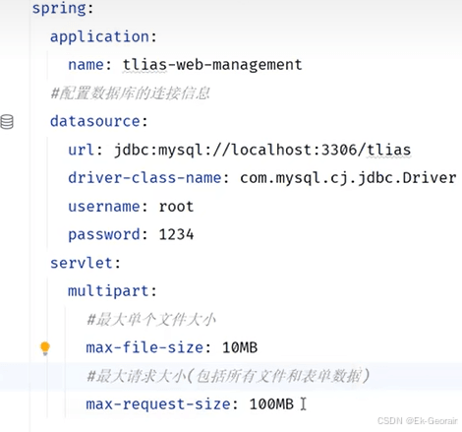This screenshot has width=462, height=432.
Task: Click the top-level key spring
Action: click(x=59, y=8)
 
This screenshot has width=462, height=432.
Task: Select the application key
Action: click(x=100, y=36)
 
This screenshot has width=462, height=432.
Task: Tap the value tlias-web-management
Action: click(x=212, y=64)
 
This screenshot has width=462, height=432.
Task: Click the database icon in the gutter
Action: click(x=7, y=122)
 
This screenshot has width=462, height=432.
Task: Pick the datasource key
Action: click(x=95, y=121)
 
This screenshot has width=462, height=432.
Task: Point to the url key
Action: click(x=82, y=150)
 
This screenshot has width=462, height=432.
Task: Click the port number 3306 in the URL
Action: click(x=339, y=150)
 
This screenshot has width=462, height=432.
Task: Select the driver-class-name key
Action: click(x=144, y=178)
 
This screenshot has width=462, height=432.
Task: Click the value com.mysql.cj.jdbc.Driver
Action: click(x=348, y=178)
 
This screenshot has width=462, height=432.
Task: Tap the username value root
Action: click(x=176, y=207)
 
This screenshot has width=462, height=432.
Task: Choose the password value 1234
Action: click(x=176, y=235)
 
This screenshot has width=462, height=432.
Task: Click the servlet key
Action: click(x=82, y=263)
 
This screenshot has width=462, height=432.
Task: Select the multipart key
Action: click(x=108, y=291)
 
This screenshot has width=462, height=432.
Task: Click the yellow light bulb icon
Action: click(x=45, y=348)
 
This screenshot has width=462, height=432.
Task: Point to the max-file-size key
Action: click(x=144, y=347)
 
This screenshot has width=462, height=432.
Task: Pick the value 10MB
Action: click(x=240, y=347)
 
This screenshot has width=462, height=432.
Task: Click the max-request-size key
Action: click(x=158, y=404)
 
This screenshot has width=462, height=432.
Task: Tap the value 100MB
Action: click(x=271, y=404)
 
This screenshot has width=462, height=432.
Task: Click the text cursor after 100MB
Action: click(x=303, y=404)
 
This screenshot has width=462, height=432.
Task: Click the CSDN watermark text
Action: click(x=418, y=421)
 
